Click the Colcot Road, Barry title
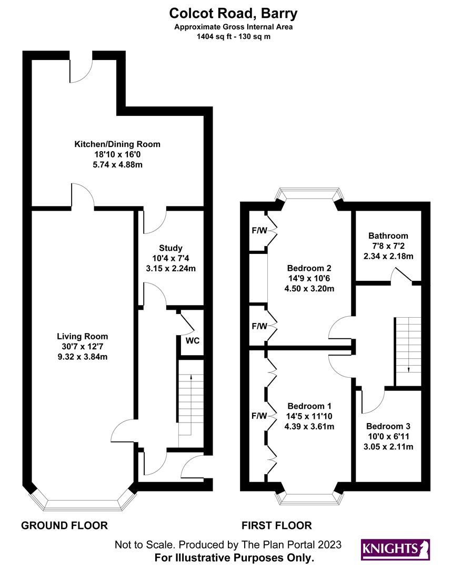(233, 13)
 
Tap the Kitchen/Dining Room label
(117, 144)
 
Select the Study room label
(170, 248)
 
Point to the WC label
(193, 341)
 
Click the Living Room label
(82, 336)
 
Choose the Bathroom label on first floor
(388, 236)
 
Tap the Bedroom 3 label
(388, 426)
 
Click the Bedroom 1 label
(309, 406)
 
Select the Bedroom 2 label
(309, 268)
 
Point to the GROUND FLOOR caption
(65, 525)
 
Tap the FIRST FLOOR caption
(277, 525)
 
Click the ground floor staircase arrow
(191, 377)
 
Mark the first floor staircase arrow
(408, 368)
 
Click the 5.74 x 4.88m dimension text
(117, 165)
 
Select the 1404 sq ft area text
(213, 37)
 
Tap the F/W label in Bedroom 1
(259, 416)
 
